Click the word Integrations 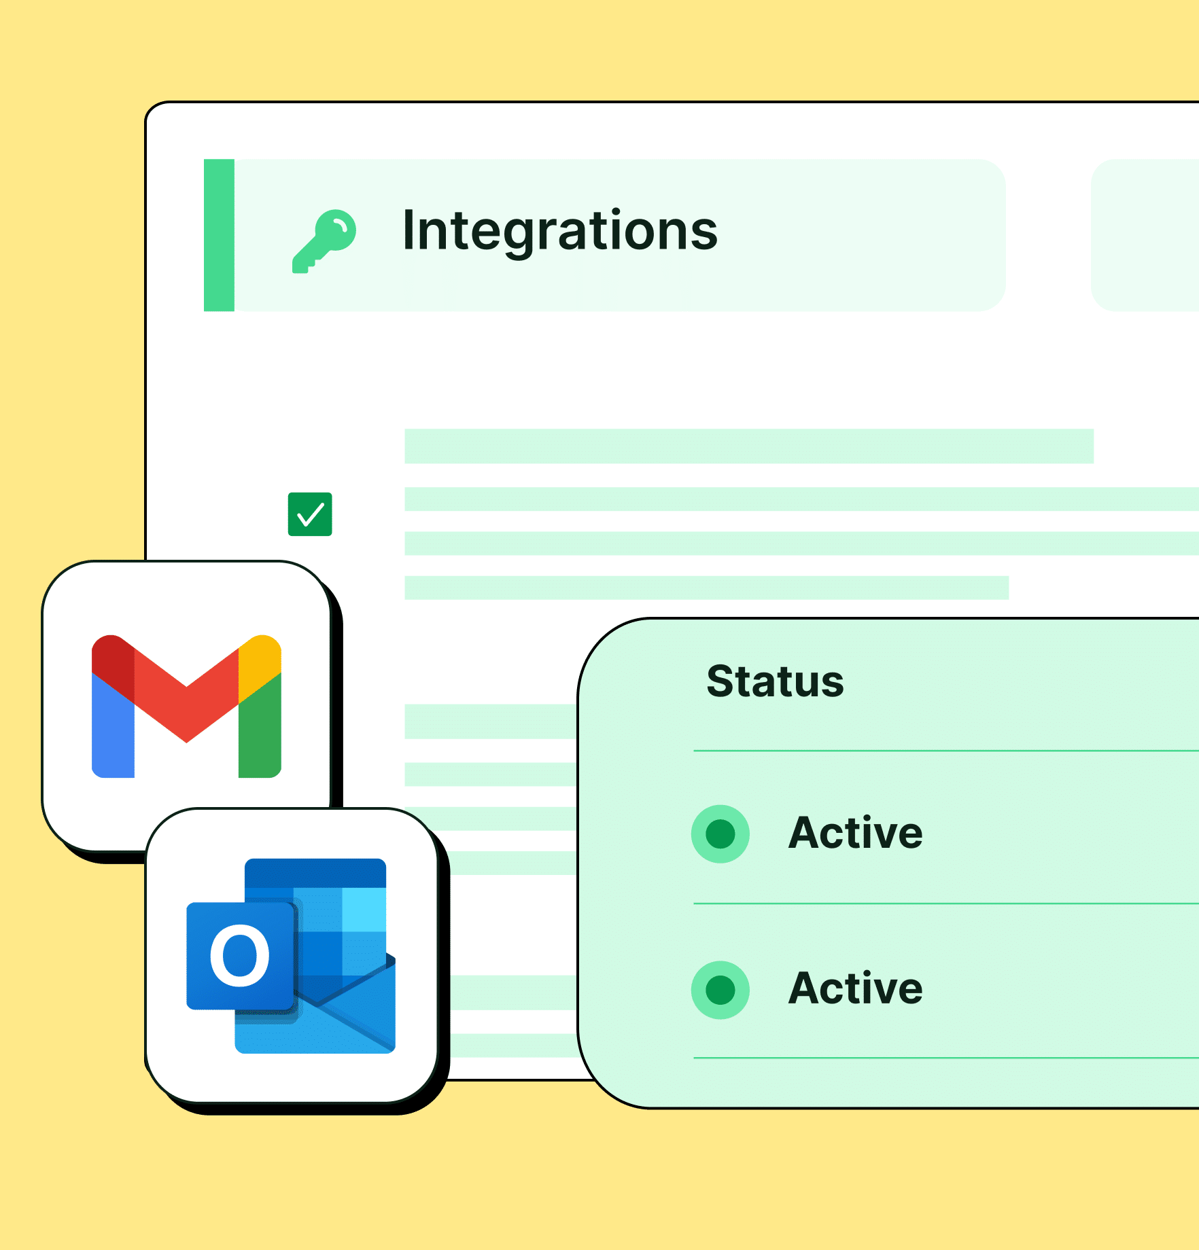tap(560, 232)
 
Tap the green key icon tap(324, 241)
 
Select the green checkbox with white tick tap(310, 514)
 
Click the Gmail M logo tap(186, 706)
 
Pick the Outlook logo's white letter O tap(240, 955)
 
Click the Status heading tap(775, 681)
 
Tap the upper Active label tap(856, 833)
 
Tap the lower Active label tap(856, 988)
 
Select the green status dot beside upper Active tap(720, 834)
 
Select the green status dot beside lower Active tap(720, 990)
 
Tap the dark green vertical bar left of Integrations tap(219, 235)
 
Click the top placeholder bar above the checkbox tap(749, 446)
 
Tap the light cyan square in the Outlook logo tap(364, 910)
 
